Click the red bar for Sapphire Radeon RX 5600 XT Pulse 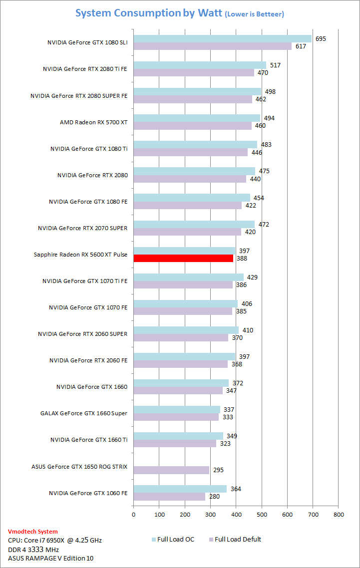(x=183, y=258)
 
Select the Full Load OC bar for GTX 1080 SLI (x=222, y=38)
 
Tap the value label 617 (x=301, y=46)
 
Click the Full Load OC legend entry (x=172, y=539)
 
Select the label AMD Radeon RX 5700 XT (x=93, y=122)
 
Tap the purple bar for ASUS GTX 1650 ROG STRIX (x=171, y=470)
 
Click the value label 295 (x=218, y=470)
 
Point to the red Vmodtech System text (x=33, y=532)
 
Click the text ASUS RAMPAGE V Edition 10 (x=50, y=558)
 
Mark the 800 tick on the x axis (x=339, y=514)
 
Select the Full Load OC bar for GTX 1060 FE (x=180, y=489)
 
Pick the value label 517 (x=276, y=65)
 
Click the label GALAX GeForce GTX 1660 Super (x=84, y=413)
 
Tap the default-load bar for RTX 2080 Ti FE (x=194, y=72)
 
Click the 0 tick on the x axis (x=133, y=514)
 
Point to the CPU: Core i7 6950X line (x=55, y=541)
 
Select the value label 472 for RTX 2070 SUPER (x=264, y=224)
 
